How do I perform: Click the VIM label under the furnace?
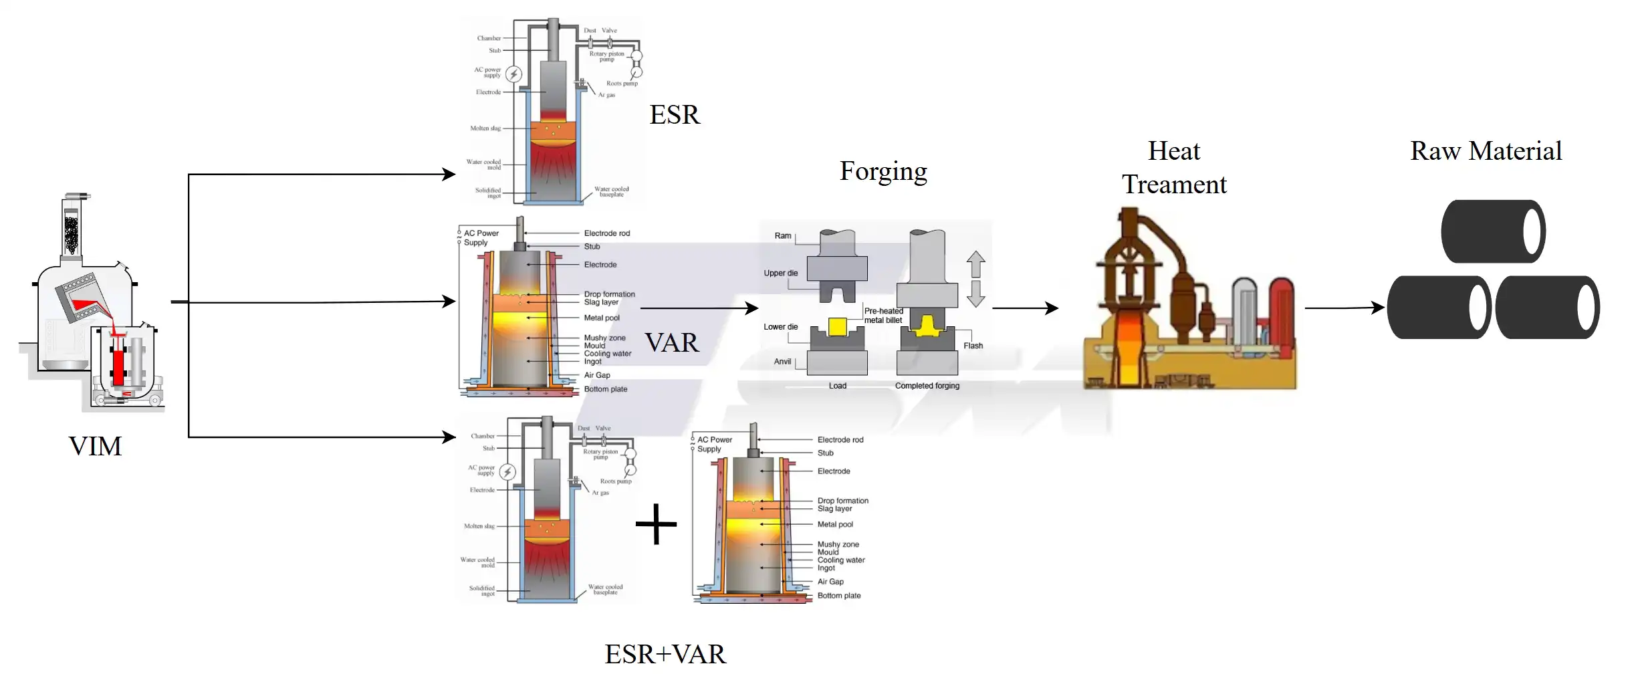[95, 446]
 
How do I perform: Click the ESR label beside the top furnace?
[674, 115]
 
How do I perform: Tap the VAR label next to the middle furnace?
[671, 342]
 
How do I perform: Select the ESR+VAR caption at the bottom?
[665, 654]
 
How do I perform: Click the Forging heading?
[883, 171]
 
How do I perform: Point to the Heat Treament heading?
[1173, 167]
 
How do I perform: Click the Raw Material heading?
[1486, 151]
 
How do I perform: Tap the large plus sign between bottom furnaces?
[656, 524]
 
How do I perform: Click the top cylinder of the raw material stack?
[1492, 231]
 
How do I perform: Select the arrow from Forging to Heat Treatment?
[1025, 308]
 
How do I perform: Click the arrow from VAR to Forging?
[699, 308]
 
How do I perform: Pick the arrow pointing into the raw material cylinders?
[1344, 308]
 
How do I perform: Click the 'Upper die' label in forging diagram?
[780, 273]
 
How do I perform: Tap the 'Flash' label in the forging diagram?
[973, 346]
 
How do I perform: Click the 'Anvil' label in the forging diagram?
[782, 362]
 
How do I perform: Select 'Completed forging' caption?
[927, 386]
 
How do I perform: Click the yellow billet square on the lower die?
[837, 326]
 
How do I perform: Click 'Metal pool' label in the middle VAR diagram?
[602, 318]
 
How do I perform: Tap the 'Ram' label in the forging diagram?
[782, 236]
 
